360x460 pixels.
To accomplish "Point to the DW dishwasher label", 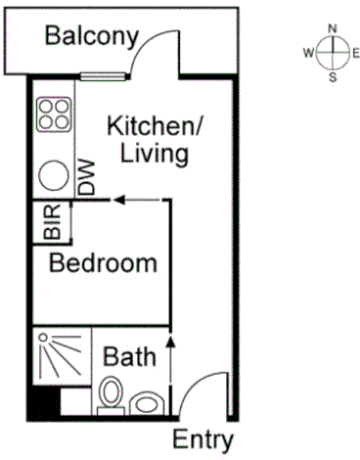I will pyautogui.click(x=88, y=176).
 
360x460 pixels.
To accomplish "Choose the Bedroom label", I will pyautogui.click(x=104, y=263).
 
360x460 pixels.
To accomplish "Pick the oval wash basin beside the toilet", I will pyautogui.click(x=148, y=402).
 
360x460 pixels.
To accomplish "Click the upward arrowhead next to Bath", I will pyautogui.click(x=171, y=342).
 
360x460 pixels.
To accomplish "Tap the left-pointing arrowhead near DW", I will pyautogui.click(x=116, y=200).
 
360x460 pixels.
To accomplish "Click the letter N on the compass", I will pyautogui.click(x=334, y=27).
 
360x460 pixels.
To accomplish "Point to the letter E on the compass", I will pyautogui.click(x=354, y=52).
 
